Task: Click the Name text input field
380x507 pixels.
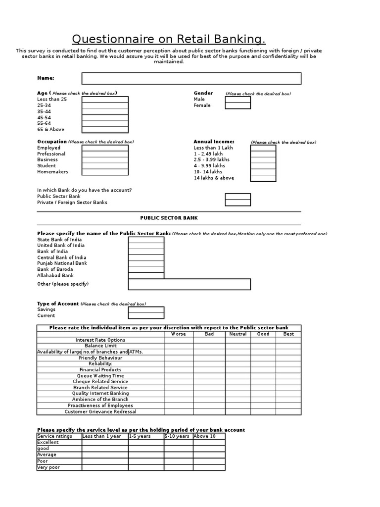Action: click(191, 78)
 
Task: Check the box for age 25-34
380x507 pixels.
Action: click(105, 105)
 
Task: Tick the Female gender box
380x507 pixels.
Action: click(237, 105)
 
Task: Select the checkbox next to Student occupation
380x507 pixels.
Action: click(105, 166)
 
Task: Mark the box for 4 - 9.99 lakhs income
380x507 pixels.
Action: click(263, 166)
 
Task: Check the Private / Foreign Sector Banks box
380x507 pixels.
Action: click(237, 203)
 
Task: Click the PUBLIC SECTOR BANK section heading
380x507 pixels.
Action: click(169, 218)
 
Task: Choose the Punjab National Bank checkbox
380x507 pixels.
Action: click(146, 263)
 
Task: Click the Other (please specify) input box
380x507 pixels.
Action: click(189, 284)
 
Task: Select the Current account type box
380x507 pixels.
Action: click(146, 315)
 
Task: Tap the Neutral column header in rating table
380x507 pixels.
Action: click(238, 334)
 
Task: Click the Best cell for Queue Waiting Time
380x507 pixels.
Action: click(288, 376)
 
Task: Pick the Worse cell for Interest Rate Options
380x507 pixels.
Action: click(178, 340)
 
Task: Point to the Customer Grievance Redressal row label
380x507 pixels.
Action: click(100, 411)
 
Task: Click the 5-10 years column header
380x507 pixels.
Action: click(177, 436)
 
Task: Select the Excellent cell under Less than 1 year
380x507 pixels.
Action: click(105, 443)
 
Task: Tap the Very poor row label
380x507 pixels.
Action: click(48, 467)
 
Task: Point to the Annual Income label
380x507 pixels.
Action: click(214, 142)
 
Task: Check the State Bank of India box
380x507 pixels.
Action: click(146, 240)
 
